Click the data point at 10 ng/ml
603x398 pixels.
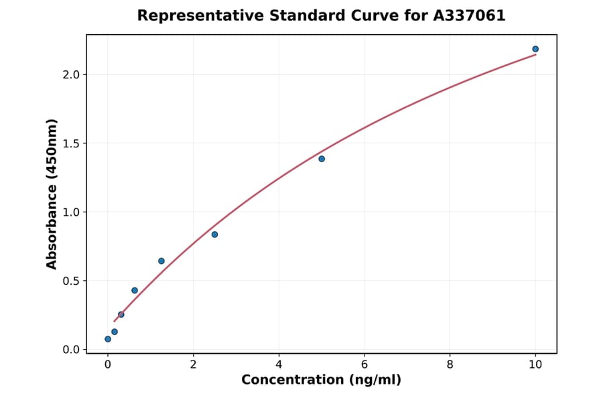click(535, 49)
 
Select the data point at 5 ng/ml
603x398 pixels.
click(322, 159)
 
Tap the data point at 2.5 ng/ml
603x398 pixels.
click(214, 235)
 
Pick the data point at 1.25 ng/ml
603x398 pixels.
click(161, 261)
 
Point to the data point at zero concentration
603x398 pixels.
click(108, 339)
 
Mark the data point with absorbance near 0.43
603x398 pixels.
click(135, 290)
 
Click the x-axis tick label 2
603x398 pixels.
click(193, 364)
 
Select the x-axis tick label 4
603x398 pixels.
click(279, 364)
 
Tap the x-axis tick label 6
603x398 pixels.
click(364, 364)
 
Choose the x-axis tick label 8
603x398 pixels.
click(450, 364)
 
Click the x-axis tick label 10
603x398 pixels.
click(535, 364)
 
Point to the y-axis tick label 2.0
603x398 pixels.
click(70, 74)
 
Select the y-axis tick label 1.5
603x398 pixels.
click(70, 143)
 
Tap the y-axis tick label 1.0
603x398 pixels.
click(70, 212)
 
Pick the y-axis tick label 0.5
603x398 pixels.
click(70, 281)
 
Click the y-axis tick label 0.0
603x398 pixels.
click(70, 350)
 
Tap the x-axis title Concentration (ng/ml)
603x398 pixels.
click(321, 380)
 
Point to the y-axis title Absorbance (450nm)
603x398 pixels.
click(52, 194)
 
